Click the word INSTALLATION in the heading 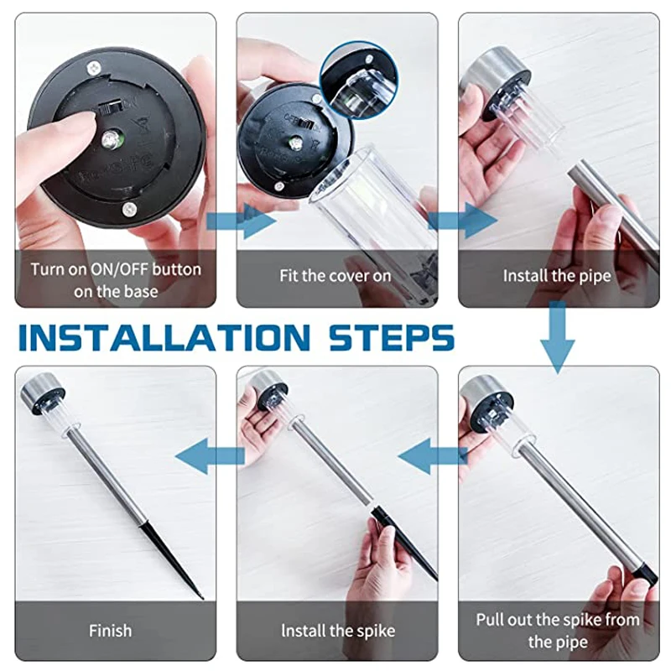[164, 338]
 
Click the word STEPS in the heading [392, 338]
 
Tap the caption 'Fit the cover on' [335, 276]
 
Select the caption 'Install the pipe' [557, 277]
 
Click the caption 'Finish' [110, 631]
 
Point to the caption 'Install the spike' [338, 631]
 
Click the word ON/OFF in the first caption [119, 269]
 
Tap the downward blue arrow [557, 337]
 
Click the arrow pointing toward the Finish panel [210, 455]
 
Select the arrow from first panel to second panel [242, 221]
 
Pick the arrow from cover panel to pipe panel [463, 221]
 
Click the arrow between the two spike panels [432, 455]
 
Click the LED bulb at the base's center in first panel [111, 140]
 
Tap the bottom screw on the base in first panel [129, 209]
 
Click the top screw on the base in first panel [94, 67]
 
